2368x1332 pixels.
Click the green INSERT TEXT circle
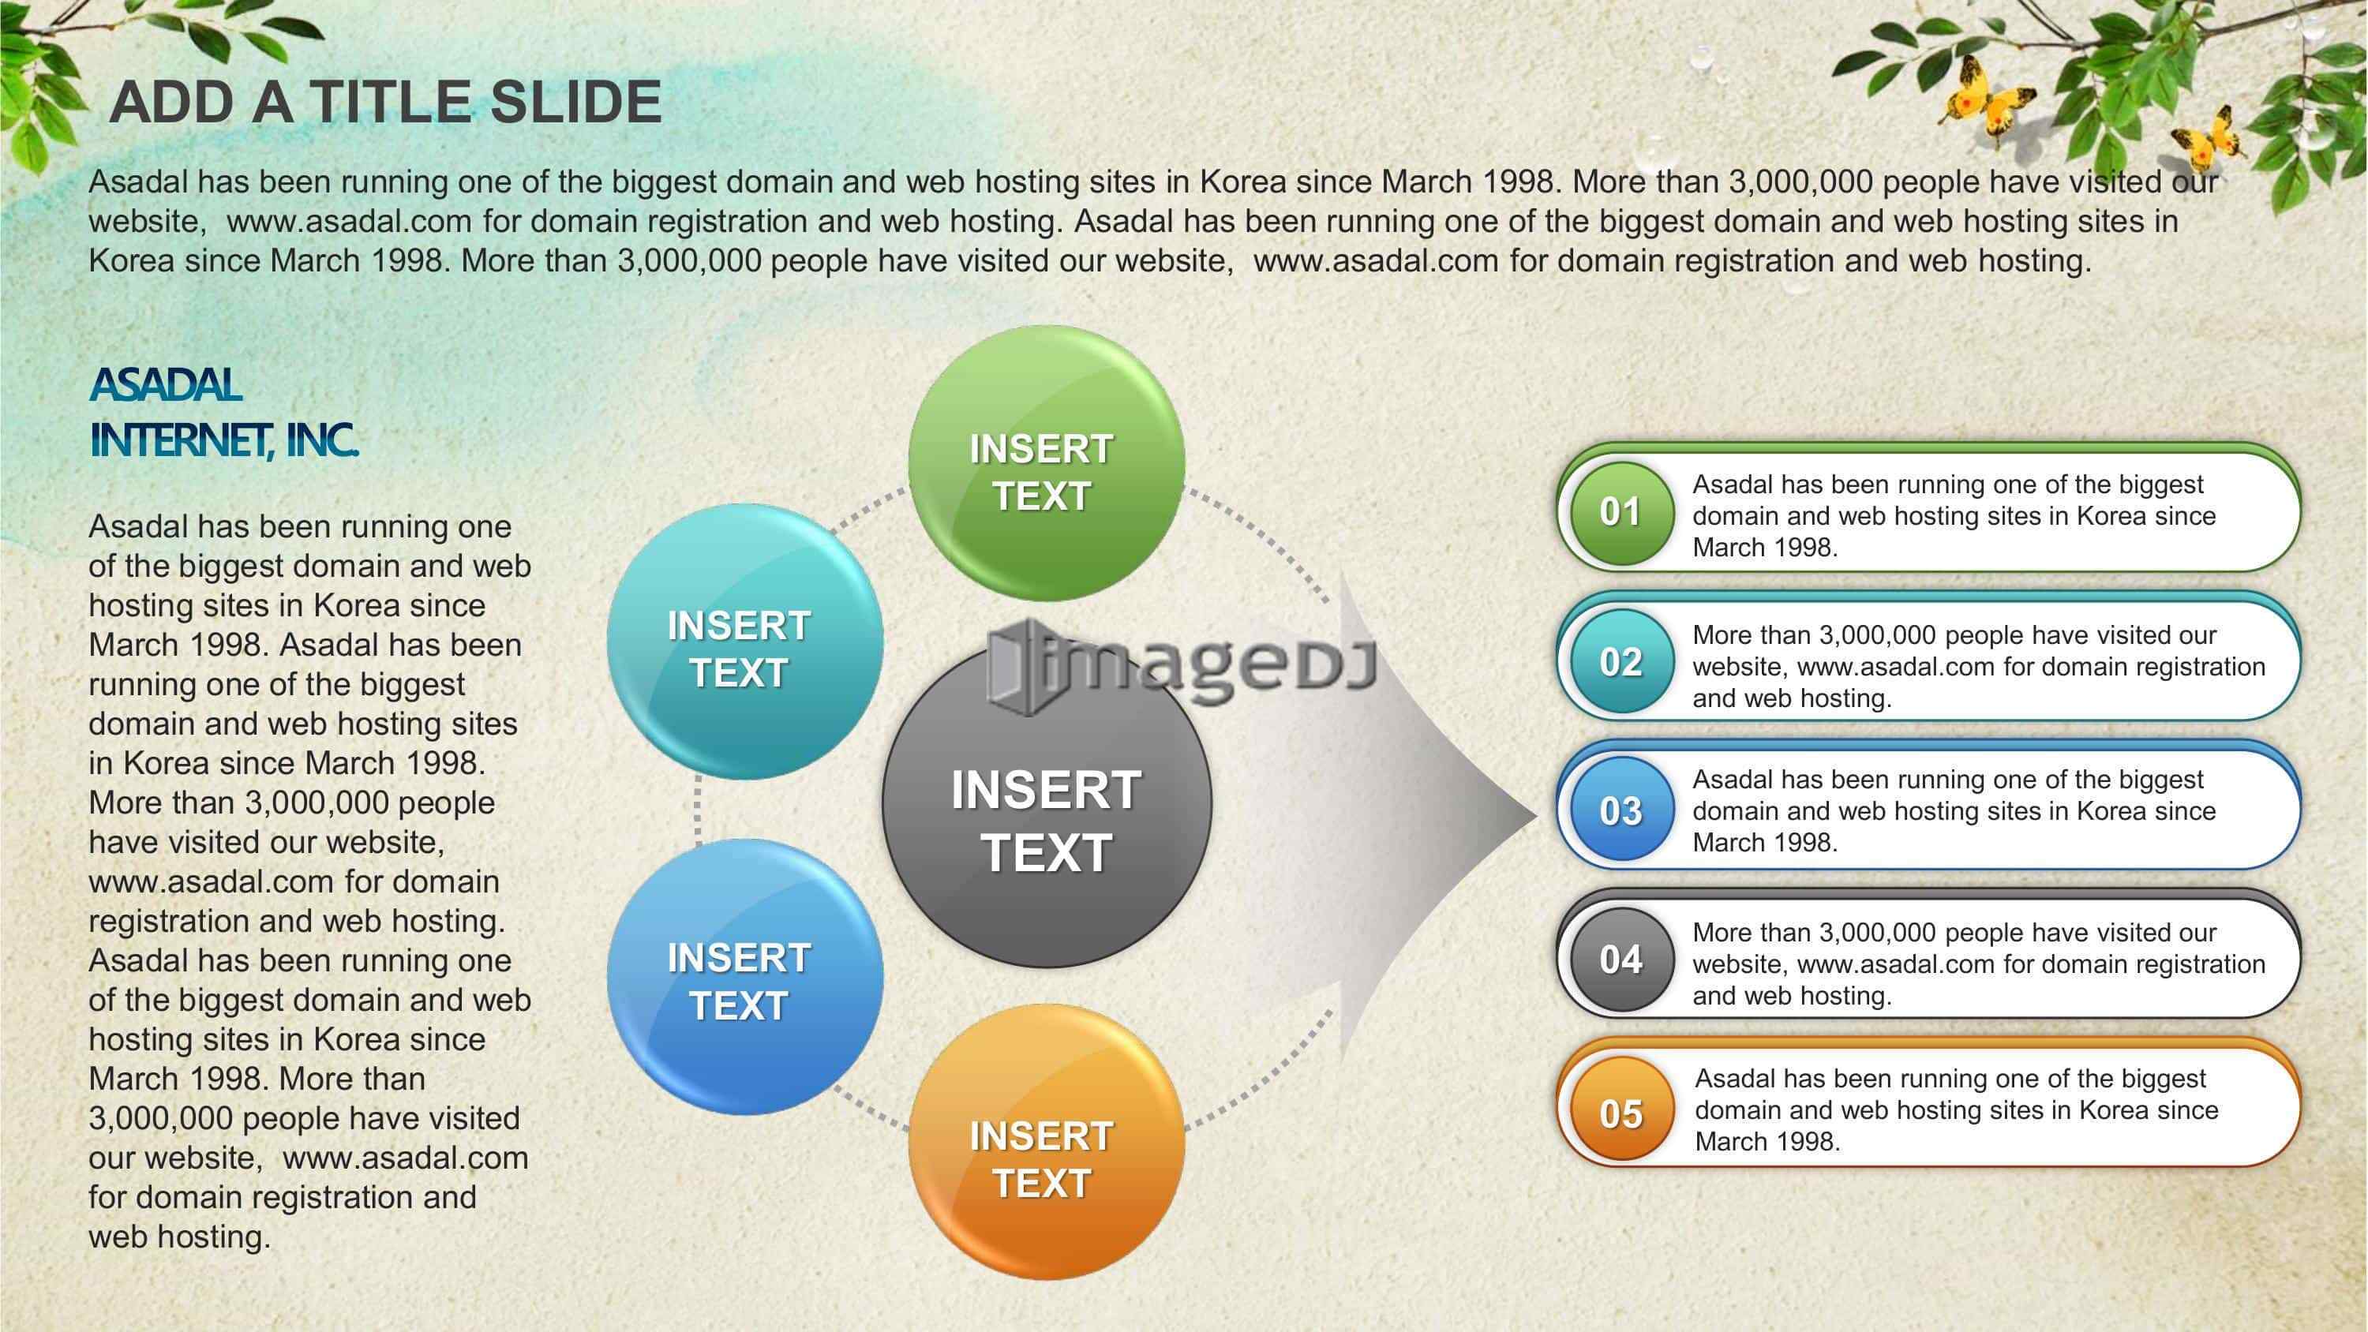(1046, 463)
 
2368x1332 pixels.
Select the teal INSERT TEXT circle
(745, 642)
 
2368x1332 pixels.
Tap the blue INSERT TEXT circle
(745, 976)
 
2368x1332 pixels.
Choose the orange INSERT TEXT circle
(1046, 1142)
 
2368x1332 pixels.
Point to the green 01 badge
(1621, 512)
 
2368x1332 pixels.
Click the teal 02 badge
(1621, 662)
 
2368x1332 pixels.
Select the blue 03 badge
(1621, 810)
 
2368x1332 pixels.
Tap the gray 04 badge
(1621, 960)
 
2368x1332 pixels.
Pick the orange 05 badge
(1621, 1113)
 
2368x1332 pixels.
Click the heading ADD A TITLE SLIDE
(385, 101)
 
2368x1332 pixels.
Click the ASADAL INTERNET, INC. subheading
(223, 413)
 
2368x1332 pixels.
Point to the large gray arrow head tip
(1537, 814)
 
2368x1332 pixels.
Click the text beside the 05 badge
(1956, 1109)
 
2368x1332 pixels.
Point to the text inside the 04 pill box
(1978, 963)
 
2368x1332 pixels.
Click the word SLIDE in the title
(575, 101)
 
